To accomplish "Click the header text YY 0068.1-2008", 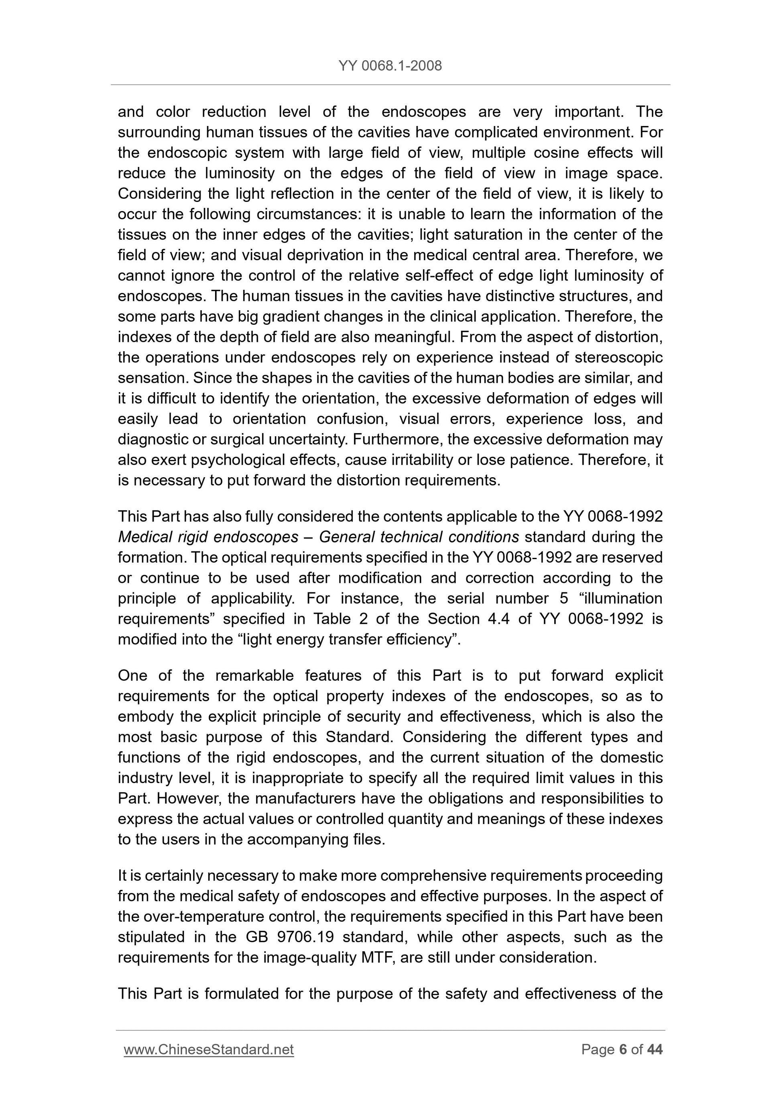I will pos(390,66).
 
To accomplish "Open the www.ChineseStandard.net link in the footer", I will pos(208,1049).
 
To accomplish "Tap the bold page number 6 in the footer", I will pos(623,1049).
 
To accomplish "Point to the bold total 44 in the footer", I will pos(655,1049).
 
